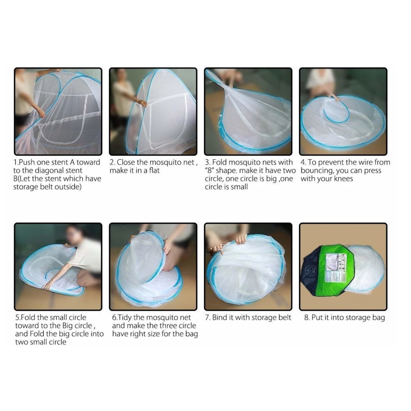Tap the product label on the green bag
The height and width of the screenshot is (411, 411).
click(x=336, y=267)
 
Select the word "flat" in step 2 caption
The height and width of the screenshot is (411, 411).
click(x=155, y=171)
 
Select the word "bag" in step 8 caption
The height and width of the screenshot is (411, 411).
click(x=378, y=318)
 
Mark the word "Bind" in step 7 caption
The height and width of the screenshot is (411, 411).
click(x=220, y=317)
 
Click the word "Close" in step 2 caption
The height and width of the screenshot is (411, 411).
click(x=126, y=162)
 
